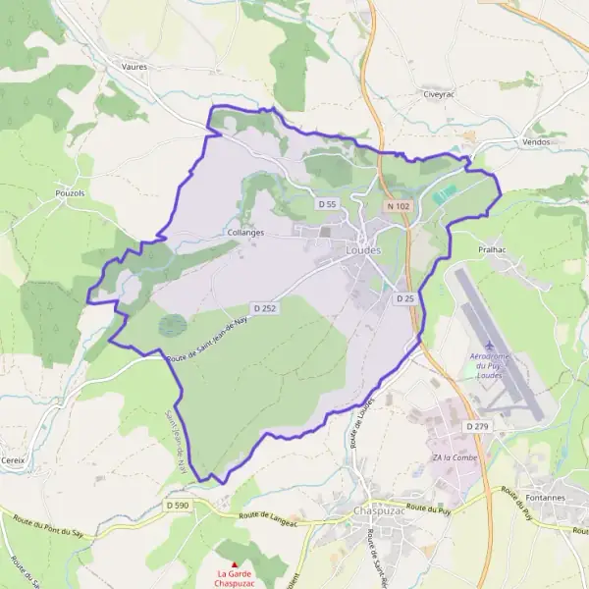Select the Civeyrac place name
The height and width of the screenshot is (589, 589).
(x=435, y=95)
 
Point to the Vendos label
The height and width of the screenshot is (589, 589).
(x=537, y=141)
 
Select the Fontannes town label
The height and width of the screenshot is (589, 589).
(x=545, y=498)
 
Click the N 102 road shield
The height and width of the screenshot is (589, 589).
(x=398, y=206)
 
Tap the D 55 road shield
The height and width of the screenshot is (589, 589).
(x=327, y=203)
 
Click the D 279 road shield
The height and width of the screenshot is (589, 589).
(x=478, y=426)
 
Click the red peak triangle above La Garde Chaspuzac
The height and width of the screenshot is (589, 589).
(x=234, y=563)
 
